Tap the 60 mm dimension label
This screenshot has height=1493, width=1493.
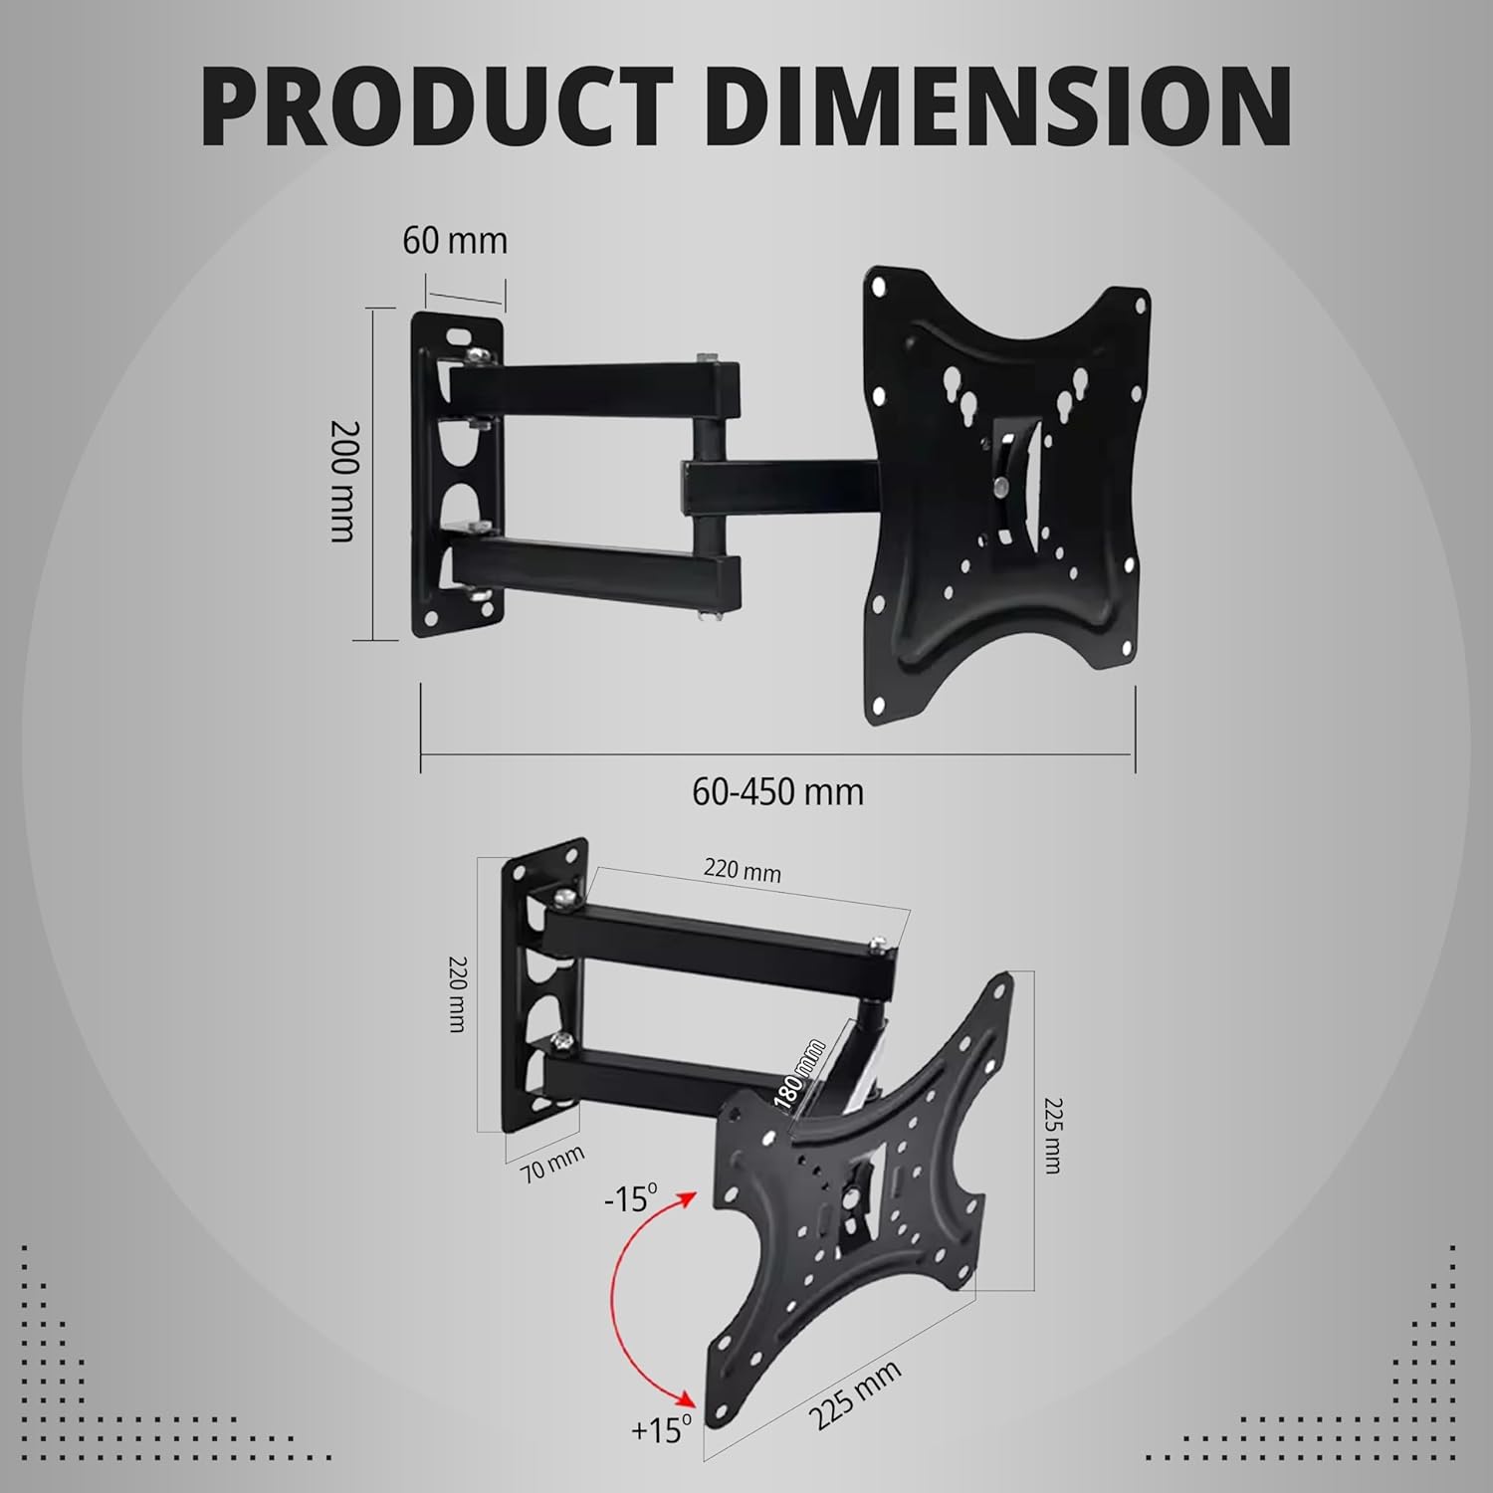455,241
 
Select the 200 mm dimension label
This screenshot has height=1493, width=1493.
342,480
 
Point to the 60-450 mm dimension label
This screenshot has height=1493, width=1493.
777,792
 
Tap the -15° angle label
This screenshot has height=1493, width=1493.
631,1198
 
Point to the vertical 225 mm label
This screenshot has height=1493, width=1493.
1052,1135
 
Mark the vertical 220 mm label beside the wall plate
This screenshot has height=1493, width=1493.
456,993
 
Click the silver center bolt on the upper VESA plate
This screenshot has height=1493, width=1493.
998,486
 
